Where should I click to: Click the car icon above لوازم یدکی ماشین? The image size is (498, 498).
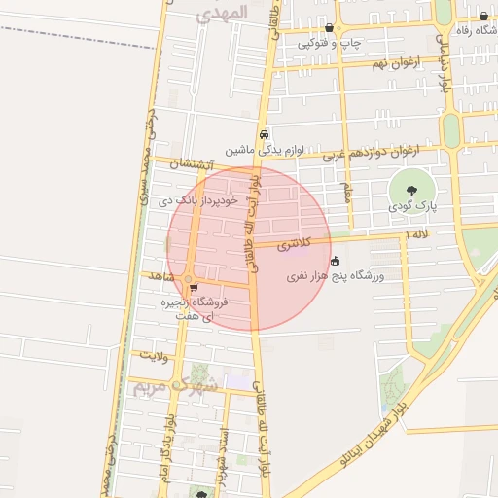264,135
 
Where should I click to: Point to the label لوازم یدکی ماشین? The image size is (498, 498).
267,151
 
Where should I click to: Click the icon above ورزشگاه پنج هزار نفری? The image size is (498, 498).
336,261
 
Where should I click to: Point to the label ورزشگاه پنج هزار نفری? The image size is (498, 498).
336,277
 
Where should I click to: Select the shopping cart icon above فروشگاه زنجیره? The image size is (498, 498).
194,288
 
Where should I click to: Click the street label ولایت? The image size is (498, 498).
154,356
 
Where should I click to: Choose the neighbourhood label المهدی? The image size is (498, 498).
222,13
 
